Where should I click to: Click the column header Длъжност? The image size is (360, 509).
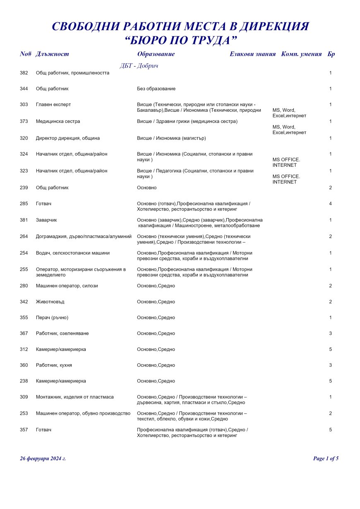(52, 54)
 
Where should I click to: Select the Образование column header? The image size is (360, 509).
(156, 54)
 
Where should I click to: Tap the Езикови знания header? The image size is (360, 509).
(252, 54)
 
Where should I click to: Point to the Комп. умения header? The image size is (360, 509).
(301, 54)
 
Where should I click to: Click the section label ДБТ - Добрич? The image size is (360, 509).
(139, 66)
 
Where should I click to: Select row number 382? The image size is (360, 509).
(24, 73)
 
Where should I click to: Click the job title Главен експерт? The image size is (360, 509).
(53, 105)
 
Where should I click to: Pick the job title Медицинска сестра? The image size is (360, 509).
(58, 122)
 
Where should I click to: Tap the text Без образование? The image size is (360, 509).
(156, 89)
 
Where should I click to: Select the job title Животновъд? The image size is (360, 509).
(50, 302)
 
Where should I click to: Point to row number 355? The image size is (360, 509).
(24, 318)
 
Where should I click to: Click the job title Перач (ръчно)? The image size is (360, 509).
(52, 318)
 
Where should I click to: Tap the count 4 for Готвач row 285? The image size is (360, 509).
(330, 204)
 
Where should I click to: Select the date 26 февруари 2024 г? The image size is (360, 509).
(43, 459)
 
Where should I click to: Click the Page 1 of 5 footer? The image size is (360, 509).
(326, 459)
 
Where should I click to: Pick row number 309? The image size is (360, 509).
(24, 397)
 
